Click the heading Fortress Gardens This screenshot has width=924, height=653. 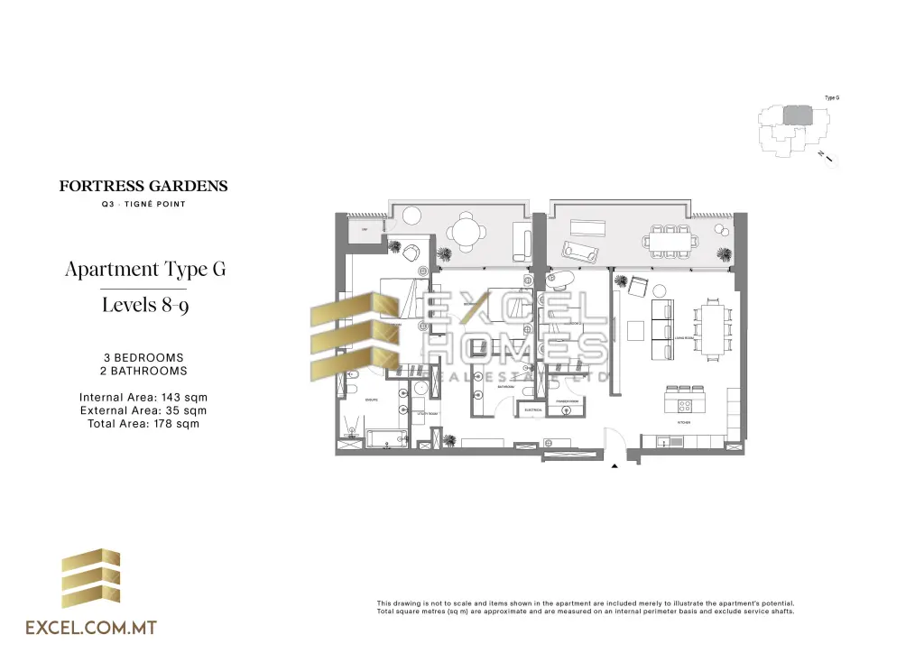(143, 187)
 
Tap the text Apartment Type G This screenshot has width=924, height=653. (144, 269)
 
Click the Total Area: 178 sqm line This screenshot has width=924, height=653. (143, 423)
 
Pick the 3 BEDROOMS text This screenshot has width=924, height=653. (143, 358)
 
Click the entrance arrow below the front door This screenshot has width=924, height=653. (615, 466)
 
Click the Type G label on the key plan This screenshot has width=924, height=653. (832, 97)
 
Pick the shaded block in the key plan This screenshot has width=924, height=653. (797, 115)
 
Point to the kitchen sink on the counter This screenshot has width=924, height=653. (664, 441)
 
